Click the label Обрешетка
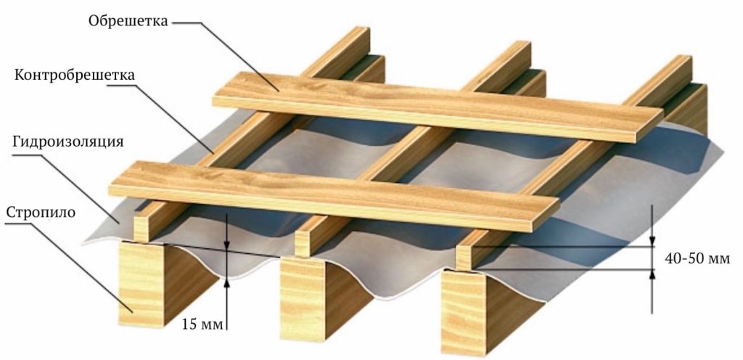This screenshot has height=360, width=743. (128, 21)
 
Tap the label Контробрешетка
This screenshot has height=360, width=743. (75, 75)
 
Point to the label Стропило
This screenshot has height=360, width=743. (41, 212)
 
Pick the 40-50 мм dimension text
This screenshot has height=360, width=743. (697, 258)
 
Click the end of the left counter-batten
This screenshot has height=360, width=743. (141, 229)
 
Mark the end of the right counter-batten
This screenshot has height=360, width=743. (463, 257)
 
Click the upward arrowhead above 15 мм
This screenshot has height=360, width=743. (227, 283)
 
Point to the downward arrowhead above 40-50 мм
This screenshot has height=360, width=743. (652, 241)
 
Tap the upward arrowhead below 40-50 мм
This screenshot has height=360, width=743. (652, 275)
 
